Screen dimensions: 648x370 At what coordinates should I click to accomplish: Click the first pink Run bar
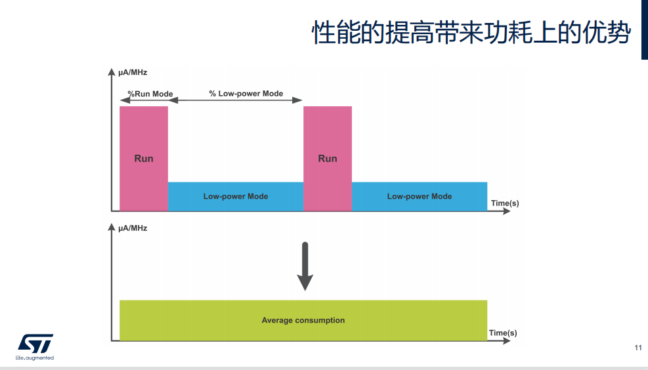point(144,159)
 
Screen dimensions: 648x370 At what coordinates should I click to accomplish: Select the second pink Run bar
point(328,159)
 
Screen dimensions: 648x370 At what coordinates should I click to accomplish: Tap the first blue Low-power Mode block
point(236,197)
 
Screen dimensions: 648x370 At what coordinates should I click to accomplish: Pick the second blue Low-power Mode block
point(420,197)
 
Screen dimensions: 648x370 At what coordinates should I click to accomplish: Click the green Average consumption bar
point(303,320)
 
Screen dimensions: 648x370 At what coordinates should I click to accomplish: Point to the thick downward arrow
point(305,266)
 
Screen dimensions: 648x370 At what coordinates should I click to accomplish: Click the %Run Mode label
point(150,94)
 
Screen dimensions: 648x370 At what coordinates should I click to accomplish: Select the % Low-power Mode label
point(246,94)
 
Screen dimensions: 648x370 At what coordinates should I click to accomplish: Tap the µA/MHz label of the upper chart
point(133,72)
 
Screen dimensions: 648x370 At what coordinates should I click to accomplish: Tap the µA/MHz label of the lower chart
point(133,228)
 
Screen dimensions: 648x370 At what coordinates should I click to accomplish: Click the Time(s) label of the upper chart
point(505,203)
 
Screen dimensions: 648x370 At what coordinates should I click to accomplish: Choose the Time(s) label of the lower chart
point(503,333)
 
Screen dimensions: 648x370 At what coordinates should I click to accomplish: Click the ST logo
point(35,344)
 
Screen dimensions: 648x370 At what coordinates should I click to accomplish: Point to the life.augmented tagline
point(35,358)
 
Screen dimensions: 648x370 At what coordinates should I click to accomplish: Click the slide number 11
point(638,348)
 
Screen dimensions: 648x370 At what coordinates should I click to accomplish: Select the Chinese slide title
point(471,32)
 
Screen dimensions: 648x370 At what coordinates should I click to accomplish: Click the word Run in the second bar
point(328,159)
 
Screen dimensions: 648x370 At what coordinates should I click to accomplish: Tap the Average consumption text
point(303,320)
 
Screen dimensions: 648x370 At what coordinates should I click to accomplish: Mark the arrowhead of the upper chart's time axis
point(507,211)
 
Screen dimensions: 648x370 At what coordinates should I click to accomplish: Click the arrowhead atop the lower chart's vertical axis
point(111,227)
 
